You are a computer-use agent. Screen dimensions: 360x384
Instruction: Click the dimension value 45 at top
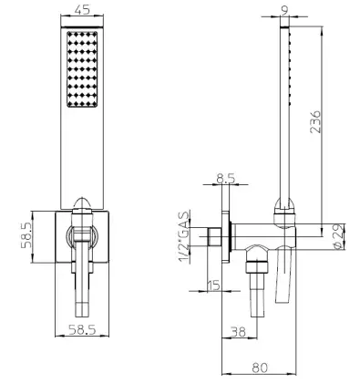tap(82, 10)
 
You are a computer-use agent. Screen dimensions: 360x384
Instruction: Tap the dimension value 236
tap(315, 122)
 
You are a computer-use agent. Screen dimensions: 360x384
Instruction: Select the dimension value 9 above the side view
tap(284, 11)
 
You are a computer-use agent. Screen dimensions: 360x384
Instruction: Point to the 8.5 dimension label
tap(226, 179)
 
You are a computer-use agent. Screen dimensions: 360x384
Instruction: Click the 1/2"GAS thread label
tap(184, 237)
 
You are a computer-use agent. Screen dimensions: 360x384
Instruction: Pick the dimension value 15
tap(214, 285)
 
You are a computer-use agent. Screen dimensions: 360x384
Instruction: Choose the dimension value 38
tap(238, 332)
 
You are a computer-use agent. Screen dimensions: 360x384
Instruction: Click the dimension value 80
tap(260, 368)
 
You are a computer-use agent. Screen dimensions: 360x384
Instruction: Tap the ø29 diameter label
tap(339, 236)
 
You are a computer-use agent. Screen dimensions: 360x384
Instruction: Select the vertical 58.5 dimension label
tap(26, 235)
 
